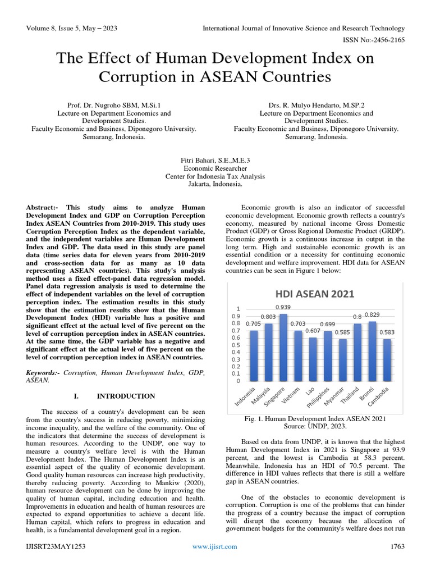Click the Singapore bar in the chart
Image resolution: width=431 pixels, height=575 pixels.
coord(283,348)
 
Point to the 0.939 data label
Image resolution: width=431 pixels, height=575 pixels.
coord(283,307)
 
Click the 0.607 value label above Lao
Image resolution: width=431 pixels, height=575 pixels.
coord(312,331)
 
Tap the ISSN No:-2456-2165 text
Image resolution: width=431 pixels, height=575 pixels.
coord(373,40)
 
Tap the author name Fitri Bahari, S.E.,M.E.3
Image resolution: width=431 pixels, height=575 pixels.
coord(215,160)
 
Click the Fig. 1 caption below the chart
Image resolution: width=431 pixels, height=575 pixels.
coord(314,418)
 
